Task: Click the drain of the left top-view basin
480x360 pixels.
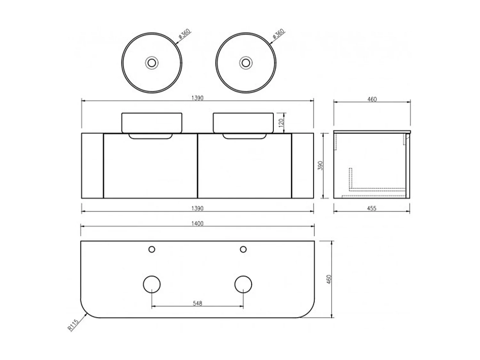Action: coord(152,62)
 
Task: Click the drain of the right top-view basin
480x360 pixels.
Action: coord(246,62)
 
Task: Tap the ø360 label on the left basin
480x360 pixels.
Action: coord(184,34)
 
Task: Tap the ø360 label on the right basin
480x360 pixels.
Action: coord(278,34)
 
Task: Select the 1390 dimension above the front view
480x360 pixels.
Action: coord(197,98)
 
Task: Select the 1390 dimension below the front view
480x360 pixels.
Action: coord(197,208)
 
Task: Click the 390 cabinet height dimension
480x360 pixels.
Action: coord(321,165)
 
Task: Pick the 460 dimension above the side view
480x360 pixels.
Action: coord(372,99)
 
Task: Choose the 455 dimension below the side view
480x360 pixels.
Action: coord(372,208)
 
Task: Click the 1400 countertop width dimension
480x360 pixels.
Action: coord(197,223)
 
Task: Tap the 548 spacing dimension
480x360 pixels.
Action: coord(198,303)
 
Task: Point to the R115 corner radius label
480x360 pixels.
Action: coord(73,326)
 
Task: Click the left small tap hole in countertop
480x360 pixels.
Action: coord(152,249)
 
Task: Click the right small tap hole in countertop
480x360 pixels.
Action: coord(243,249)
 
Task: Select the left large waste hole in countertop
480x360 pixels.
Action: coord(151,284)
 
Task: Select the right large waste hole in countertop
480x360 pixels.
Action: coord(243,284)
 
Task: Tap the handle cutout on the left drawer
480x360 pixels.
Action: coord(151,137)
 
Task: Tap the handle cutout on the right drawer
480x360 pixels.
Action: coord(244,137)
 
